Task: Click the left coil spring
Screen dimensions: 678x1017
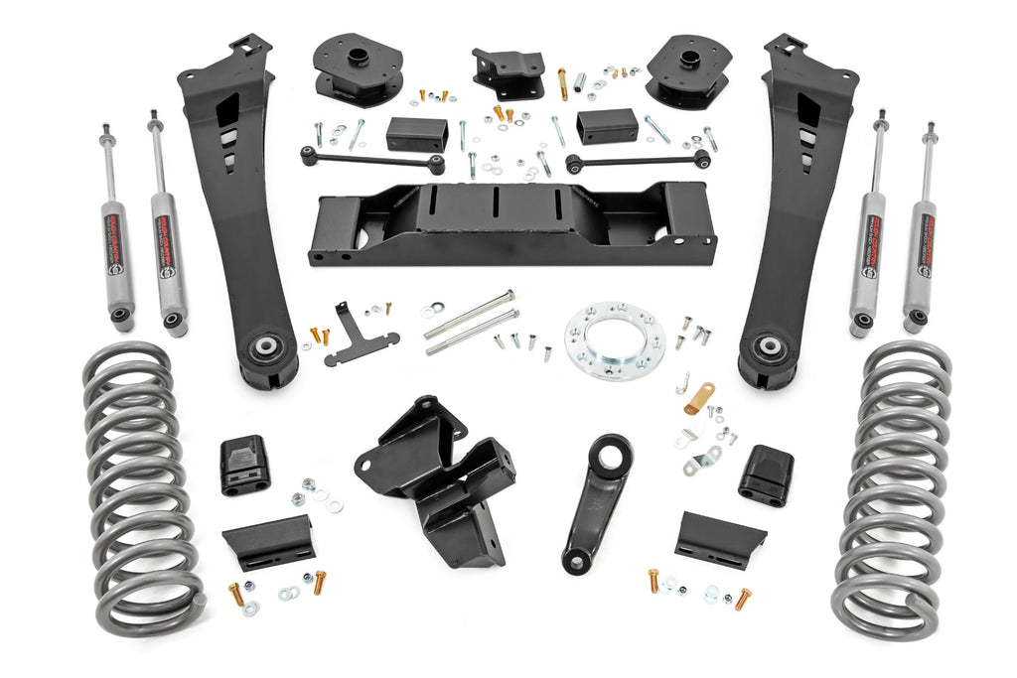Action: point(139,486)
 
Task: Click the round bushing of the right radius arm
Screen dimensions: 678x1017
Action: point(768,348)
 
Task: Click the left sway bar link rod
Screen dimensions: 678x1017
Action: point(371,160)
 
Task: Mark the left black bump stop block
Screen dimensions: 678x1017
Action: point(244,464)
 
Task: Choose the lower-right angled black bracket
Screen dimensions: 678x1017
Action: point(719,539)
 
